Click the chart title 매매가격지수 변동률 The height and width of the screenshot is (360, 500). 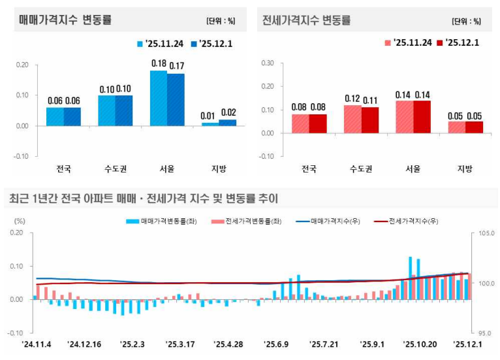click(x=65, y=20)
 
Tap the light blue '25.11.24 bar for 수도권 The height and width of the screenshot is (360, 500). click(x=106, y=110)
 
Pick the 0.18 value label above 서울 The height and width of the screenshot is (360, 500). click(x=159, y=64)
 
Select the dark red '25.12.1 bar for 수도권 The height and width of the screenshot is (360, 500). click(x=370, y=120)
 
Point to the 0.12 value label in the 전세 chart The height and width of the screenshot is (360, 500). click(x=353, y=98)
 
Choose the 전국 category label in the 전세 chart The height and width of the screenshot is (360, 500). click(x=309, y=169)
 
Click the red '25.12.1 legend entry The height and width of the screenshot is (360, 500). click(x=458, y=42)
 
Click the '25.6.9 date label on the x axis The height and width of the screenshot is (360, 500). click(x=276, y=344)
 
